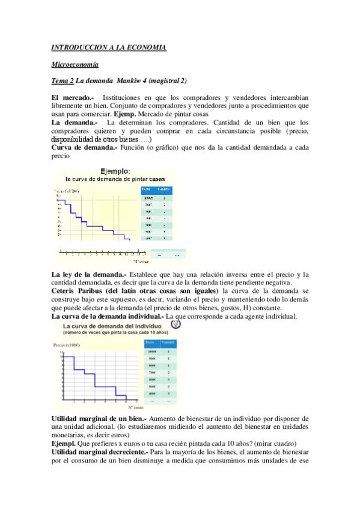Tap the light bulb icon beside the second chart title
pos(174,324)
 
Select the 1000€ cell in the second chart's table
pos(152,351)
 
